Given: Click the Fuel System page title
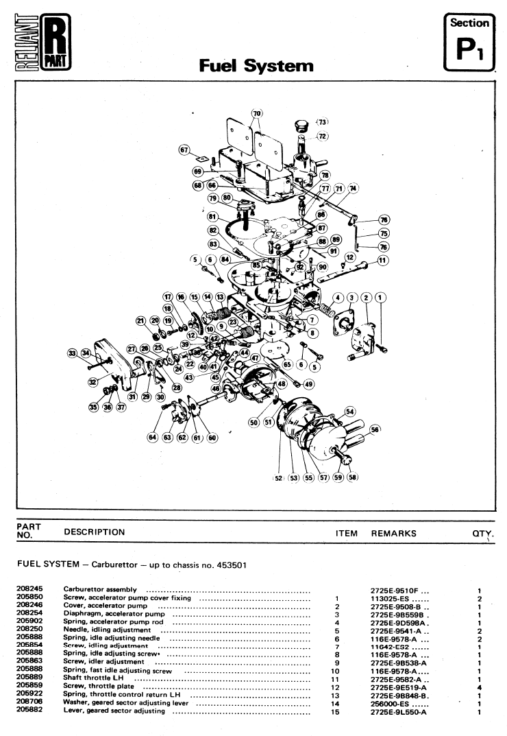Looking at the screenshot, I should coord(256,66).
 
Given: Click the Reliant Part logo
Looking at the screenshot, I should coord(42,43).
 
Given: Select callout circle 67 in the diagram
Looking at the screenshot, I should coord(184,150).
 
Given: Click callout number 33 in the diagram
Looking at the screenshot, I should coord(72,353).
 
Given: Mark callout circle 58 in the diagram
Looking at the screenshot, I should coord(353,478).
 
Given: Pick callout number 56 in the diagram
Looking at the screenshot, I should coord(374,429).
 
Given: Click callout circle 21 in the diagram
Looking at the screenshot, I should coord(140,320).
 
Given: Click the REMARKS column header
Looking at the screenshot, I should coord(393,532).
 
